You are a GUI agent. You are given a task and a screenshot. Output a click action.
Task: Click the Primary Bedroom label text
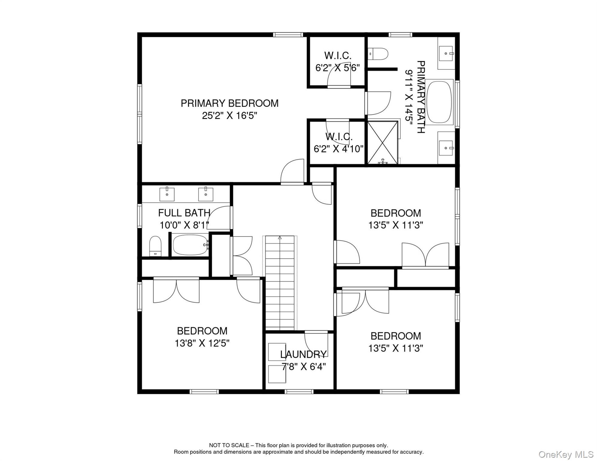tap(229, 103)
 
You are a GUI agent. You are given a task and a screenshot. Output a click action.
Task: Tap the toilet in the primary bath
tap(378, 54)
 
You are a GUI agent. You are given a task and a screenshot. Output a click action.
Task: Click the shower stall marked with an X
tap(382, 142)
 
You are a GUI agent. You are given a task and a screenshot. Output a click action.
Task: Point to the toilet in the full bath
tap(155, 246)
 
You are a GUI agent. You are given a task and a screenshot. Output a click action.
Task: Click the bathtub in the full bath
tap(190, 245)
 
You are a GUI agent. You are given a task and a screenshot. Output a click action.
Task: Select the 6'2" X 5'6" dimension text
tap(337, 68)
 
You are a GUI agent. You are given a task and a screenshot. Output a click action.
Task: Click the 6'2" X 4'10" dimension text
tap(338, 149)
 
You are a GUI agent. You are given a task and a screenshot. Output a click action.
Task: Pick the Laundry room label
tap(303, 354)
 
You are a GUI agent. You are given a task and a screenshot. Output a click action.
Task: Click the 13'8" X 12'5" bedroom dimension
tap(202, 343)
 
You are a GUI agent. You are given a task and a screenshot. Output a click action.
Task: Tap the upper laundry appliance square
tap(277, 352)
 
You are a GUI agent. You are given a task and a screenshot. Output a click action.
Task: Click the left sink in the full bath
tap(167, 194)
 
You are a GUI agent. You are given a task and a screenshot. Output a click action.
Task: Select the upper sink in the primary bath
tap(446, 53)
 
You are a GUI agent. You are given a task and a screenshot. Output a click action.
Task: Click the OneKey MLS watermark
tap(566, 454)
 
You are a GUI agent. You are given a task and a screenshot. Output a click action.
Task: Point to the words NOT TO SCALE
tap(229, 445)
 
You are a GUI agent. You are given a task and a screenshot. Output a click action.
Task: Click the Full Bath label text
tap(184, 213)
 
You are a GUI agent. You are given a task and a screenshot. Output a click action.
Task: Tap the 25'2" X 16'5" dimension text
tap(229, 116)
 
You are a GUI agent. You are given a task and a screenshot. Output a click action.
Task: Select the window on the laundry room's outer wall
tap(299, 392)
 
